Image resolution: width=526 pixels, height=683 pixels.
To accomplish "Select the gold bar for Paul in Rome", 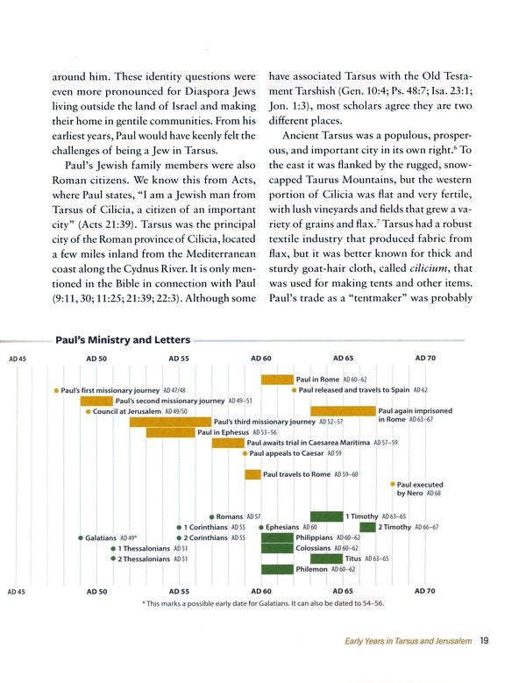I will [x=277, y=379].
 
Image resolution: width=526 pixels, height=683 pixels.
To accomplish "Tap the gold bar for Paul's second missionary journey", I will [x=96, y=401].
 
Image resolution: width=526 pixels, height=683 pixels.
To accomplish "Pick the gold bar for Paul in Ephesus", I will [x=170, y=432].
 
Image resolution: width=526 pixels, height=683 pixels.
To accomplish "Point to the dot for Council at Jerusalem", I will [x=89, y=411].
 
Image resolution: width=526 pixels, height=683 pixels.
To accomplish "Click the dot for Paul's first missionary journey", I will [x=56, y=389].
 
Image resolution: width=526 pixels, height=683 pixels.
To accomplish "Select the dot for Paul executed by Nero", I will [x=392, y=484].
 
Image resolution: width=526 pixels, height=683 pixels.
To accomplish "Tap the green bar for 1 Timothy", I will [x=326, y=516].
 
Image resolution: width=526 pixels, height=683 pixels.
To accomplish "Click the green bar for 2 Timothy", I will [x=367, y=527].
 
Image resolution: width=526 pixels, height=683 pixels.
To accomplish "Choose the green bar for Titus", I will [x=326, y=558].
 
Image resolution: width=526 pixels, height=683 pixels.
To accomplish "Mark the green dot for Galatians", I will [x=81, y=537].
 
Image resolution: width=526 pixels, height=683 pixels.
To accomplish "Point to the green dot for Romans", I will [x=211, y=516].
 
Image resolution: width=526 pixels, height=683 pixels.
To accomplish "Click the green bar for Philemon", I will [x=277, y=569].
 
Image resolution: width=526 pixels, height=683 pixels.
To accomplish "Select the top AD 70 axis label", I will [x=425, y=358].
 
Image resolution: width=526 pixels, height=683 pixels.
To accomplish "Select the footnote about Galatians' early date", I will [x=262, y=603].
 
